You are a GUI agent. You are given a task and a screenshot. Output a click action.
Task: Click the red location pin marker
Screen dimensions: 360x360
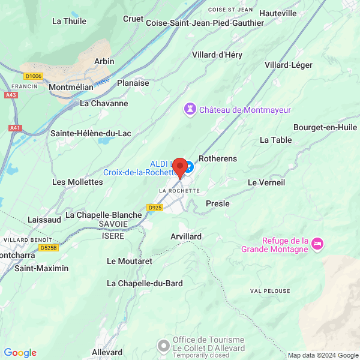pyautogui.click(x=179, y=167)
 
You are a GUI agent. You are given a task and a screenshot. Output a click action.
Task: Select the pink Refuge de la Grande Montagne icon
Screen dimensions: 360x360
pyautogui.click(x=318, y=244)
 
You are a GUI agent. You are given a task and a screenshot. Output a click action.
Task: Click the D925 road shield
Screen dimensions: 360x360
pyautogui.click(x=155, y=207)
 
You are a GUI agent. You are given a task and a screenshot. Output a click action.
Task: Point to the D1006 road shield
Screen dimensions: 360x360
pyautogui.click(x=33, y=76)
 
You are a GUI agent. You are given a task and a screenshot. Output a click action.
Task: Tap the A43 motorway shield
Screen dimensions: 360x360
pyautogui.click(x=11, y=95)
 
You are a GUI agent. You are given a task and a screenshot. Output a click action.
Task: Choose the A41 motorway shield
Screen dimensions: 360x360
pyautogui.click(x=14, y=128)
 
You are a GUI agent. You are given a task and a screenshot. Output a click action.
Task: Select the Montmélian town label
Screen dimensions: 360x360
pyautogui.click(x=71, y=87)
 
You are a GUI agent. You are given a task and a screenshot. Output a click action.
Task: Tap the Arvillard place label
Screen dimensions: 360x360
pyautogui.click(x=186, y=236)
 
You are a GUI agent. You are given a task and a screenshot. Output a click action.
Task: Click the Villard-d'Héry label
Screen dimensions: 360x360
pyautogui.click(x=217, y=55)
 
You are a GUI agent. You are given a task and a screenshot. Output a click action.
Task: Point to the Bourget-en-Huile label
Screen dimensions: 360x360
pyautogui.click(x=326, y=127)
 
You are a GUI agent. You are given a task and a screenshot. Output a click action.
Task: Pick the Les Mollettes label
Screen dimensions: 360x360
pyautogui.click(x=77, y=182)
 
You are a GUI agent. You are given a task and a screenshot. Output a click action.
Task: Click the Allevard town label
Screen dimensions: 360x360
pyautogui.click(x=107, y=352)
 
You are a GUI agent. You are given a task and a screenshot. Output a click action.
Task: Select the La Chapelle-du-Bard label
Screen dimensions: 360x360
pyautogui.click(x=145, y=283)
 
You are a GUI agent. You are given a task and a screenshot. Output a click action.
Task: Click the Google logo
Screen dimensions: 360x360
pyautogui.click(x=20, y=353)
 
